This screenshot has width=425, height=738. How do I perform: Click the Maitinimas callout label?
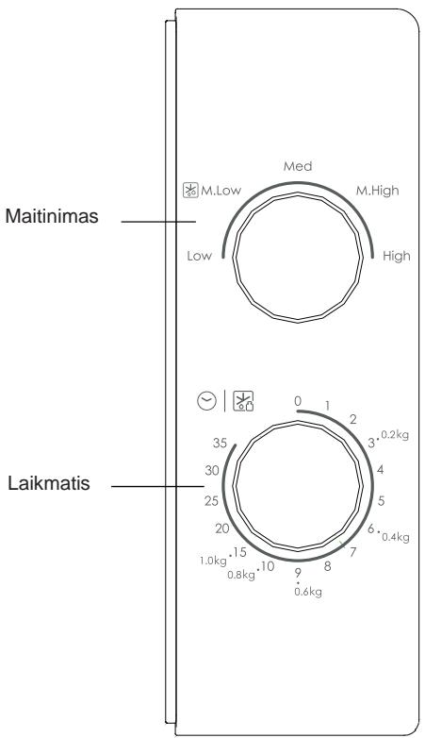click(52, 216)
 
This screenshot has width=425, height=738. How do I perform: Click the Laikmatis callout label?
click(49, 484)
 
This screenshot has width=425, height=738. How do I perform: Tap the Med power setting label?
click(298, 166)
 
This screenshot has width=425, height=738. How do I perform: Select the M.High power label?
click(377, 190)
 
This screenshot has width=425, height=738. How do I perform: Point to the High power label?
click(397, 256)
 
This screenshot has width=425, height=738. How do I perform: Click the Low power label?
click(200, 256)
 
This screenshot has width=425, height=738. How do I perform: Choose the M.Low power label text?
click(221, 190)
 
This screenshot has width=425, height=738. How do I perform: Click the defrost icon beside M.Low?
click(190, 190)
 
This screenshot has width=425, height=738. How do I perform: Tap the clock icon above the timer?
click(207, 401)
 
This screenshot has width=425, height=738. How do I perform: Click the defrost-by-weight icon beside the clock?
click(243, 401)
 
